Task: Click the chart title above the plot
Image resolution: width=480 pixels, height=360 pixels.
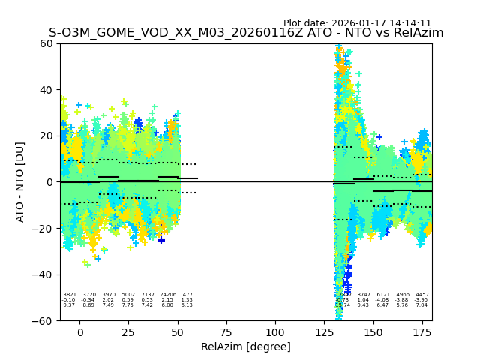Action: [246, 33]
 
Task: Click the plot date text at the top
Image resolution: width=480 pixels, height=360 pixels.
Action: [357, 23]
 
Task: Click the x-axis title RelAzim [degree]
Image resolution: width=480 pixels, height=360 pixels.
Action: [246, 346]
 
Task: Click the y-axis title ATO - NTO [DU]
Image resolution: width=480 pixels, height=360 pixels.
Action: [20, 182]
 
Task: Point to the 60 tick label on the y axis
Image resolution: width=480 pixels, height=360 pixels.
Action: [46, 43]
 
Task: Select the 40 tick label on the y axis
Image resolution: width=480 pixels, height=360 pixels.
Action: [46, 90]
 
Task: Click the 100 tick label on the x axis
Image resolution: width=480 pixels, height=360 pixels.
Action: [275, 332]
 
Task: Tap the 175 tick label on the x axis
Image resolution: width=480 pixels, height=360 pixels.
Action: [422, 332]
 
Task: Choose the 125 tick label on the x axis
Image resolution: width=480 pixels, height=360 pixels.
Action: [324, 332]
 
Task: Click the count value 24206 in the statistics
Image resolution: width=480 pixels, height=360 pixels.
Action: [168, 295]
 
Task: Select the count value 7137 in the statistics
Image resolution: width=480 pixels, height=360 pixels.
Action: [148, 295]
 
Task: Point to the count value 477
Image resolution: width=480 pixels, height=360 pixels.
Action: [187, 295]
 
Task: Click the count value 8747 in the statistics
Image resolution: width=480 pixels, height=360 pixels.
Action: [364, 295]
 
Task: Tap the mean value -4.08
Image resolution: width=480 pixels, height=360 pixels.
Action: [382, 300]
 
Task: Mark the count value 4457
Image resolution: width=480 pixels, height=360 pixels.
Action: [422, 295]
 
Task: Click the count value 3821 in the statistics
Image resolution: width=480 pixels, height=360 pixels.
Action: [70, 295]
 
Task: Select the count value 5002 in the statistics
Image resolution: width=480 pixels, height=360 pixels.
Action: [128, 295]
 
